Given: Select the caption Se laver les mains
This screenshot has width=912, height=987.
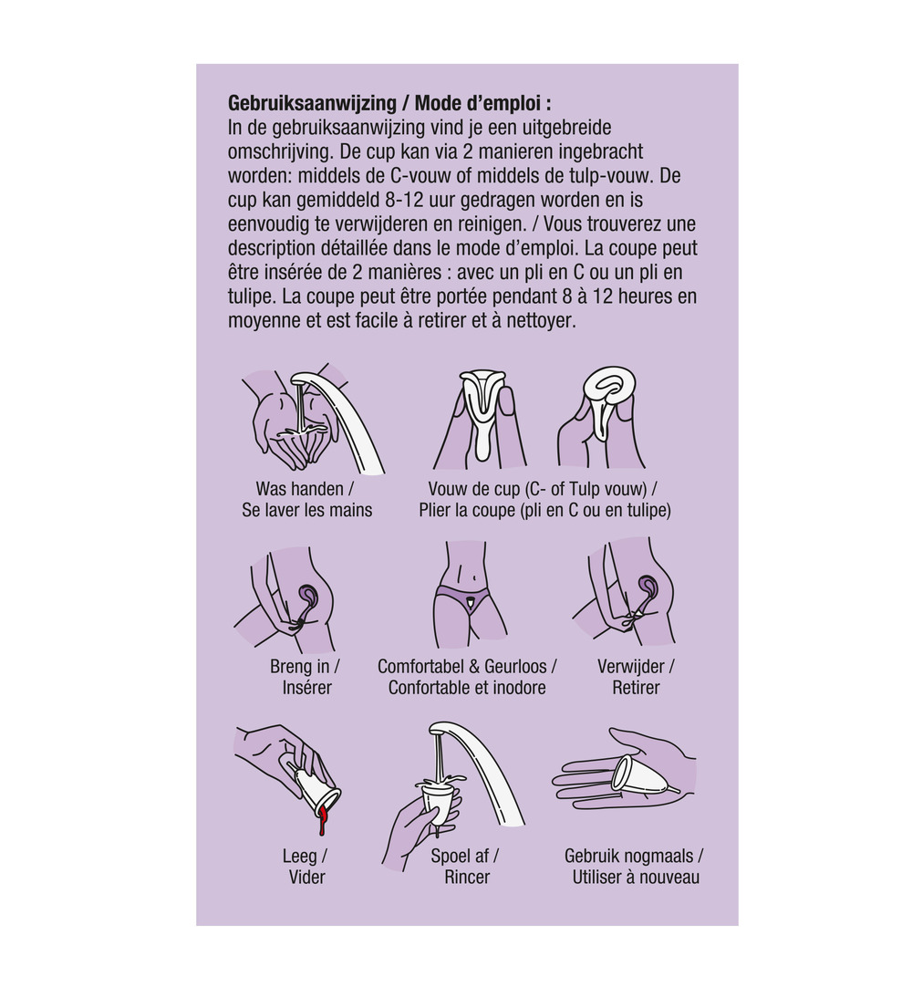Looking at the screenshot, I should click(307, 510).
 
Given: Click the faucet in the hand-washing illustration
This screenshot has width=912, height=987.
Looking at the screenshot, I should click(347, 410).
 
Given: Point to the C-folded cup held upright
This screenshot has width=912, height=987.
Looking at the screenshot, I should click(482, 410).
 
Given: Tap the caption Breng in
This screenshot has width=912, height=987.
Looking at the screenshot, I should click(304, 667).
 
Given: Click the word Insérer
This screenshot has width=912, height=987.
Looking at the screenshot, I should click(307, 688).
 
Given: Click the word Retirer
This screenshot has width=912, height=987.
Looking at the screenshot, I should click(636, 688).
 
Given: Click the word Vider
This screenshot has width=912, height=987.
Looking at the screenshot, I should click(306, 878).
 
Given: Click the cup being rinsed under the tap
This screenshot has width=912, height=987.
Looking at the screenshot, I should click(440, 803).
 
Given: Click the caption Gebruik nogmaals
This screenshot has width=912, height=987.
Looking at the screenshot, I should click(633, 857).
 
